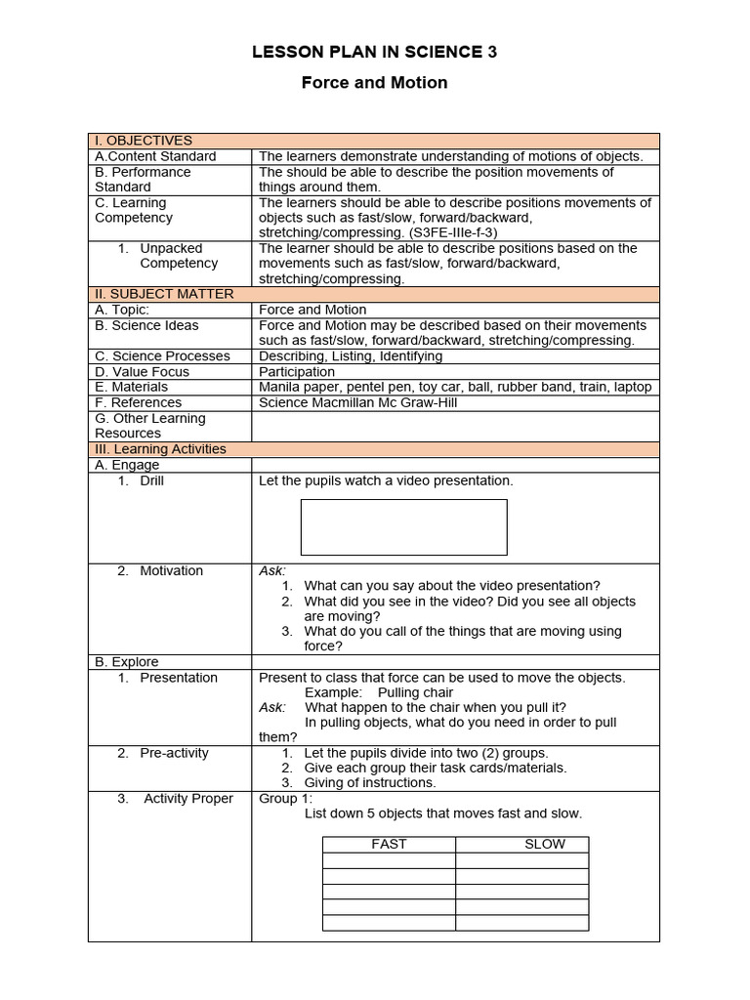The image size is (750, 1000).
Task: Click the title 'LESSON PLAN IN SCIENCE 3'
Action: [374, 53]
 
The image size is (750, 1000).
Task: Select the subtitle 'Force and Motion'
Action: [374, 83]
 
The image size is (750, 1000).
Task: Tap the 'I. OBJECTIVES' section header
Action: [144, 141]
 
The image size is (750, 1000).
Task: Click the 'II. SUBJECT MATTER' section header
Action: [164, 294]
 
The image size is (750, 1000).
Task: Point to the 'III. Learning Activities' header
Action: [160, 449]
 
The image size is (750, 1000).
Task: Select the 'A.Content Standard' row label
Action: [155, 156]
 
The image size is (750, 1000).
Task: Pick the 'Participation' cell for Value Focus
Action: [297, 372]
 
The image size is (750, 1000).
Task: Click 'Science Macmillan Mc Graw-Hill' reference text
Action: [357, 402]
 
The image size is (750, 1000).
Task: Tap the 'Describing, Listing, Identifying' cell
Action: [351, 356]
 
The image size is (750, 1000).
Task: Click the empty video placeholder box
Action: [403, 527]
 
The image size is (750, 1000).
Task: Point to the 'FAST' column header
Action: [389, 844]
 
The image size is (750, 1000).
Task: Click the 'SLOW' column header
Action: [544, 844]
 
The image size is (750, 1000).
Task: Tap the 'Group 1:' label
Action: [285, 799]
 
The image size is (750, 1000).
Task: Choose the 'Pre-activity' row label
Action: [174, 753]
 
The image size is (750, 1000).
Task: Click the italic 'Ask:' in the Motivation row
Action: [272, 571]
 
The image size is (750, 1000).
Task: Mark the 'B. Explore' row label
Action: [127, 662]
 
